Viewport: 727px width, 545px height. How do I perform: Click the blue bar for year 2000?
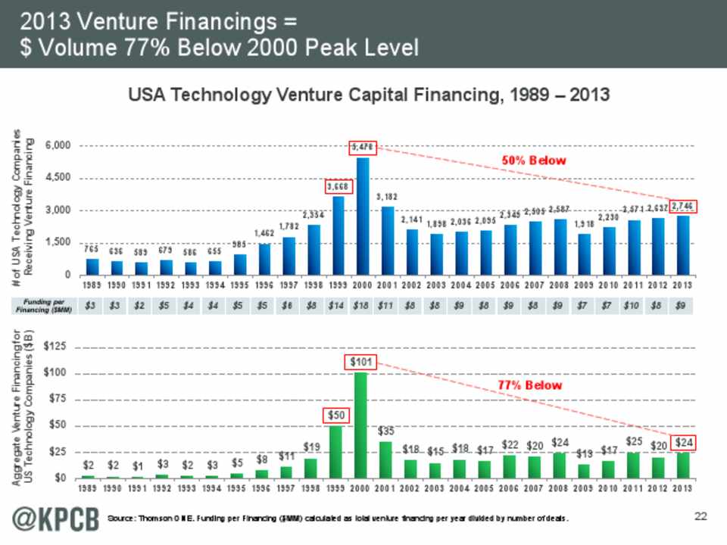tap(363, 216)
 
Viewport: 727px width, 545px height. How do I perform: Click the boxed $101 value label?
tap(363, 362)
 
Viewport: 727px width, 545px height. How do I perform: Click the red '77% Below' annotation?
tap(530, 385)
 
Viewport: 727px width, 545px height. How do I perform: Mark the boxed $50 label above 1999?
tap(339, 416)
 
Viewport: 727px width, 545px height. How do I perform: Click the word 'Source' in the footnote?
tap(124, 518)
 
